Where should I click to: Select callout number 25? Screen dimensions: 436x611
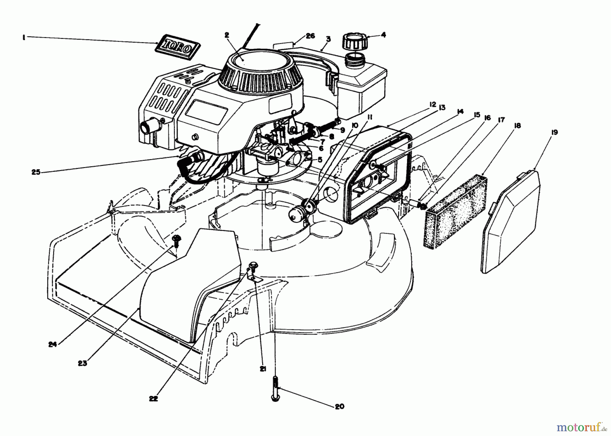pos(36,172)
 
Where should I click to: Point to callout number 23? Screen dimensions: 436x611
pos(82,363)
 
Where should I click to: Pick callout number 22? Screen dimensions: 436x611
pos(153,399)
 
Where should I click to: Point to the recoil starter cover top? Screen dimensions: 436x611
pos(244,60)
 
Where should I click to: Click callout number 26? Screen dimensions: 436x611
pos(310,36)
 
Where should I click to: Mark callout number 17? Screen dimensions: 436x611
pos(501,120)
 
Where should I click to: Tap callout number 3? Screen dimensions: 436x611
pos(328,39)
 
